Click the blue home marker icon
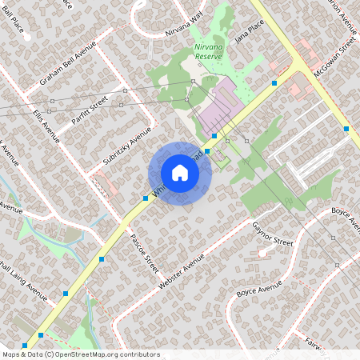(x=179, y=173)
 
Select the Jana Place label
(x=248, y=33)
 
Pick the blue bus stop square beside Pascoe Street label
(x=146, y=198)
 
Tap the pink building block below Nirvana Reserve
(x=218, y=106)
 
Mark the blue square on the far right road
(x=346, y=128)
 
